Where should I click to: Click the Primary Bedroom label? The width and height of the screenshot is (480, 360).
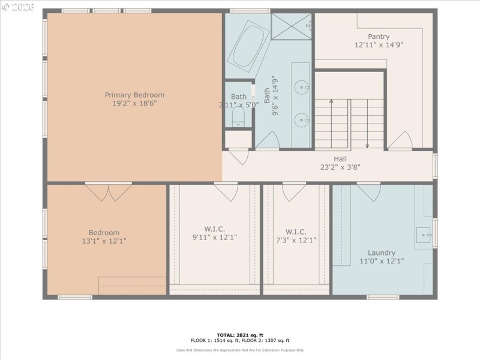point(134,95)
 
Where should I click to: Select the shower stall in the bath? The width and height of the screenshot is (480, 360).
point(292,25)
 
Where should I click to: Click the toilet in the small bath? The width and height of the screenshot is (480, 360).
point(239,116)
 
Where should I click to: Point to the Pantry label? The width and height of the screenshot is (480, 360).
point(379,36)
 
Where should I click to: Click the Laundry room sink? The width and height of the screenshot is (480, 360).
point(424,235)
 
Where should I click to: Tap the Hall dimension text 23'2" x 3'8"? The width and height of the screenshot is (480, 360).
point(340,167)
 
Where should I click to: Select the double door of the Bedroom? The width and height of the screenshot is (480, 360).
point(109,192)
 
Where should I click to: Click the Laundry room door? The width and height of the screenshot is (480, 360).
point(368,192)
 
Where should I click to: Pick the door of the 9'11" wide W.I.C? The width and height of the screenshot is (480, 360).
point(226,191)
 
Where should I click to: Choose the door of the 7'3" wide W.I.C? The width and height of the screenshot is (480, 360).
point(295,191)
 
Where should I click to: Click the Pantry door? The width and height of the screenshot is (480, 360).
point(400,141)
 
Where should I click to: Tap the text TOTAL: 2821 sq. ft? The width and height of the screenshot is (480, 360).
point(239,334)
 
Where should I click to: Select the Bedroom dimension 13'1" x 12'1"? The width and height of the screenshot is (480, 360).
point(104,241)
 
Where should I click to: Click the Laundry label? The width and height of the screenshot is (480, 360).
point(382,253)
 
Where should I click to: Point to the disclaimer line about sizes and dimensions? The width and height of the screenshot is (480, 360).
point(239,350)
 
